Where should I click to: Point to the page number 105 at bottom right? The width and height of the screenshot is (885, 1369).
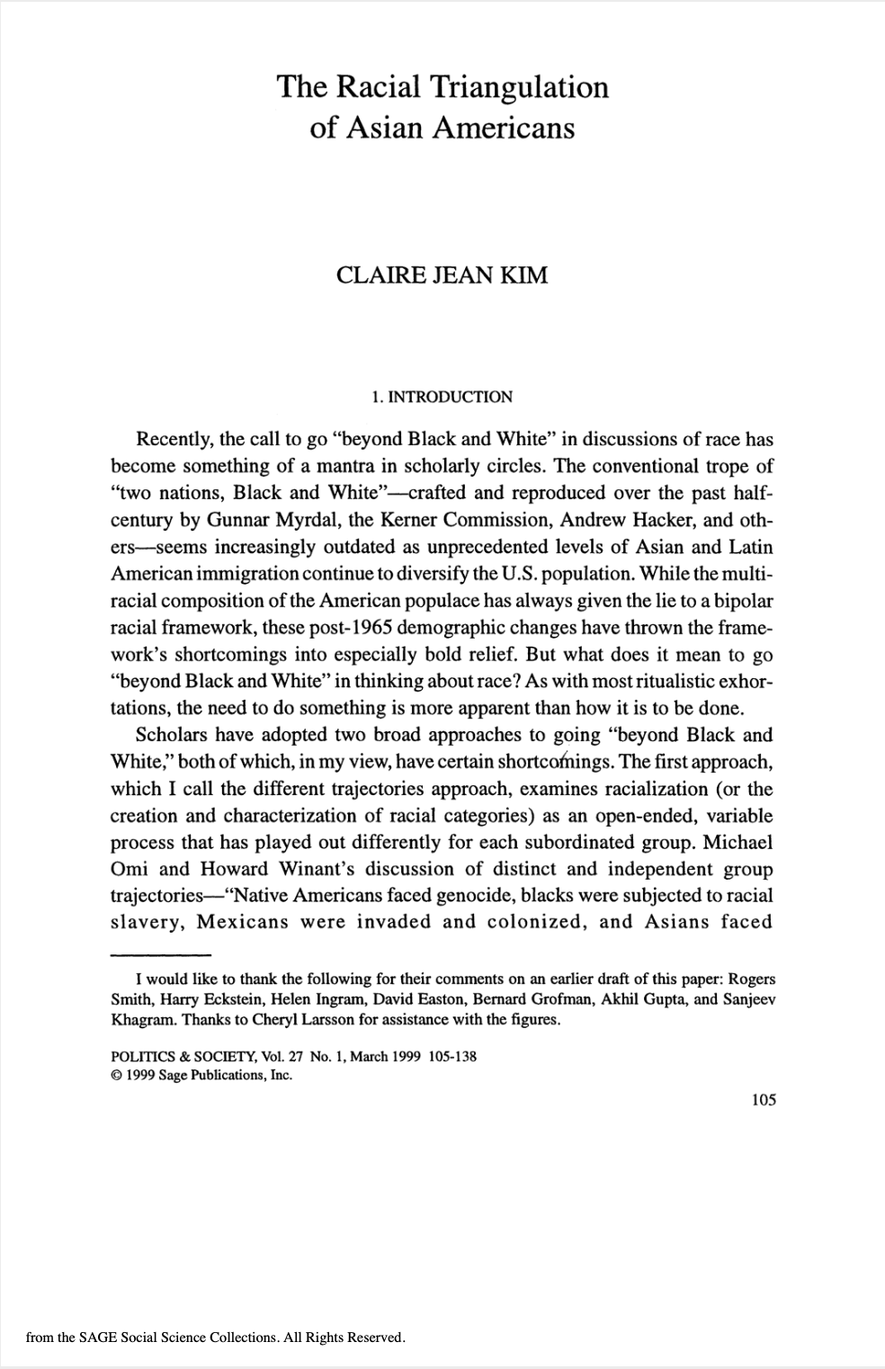tap(762, 1099)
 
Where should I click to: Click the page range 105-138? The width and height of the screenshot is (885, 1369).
tap(453, 1056)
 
